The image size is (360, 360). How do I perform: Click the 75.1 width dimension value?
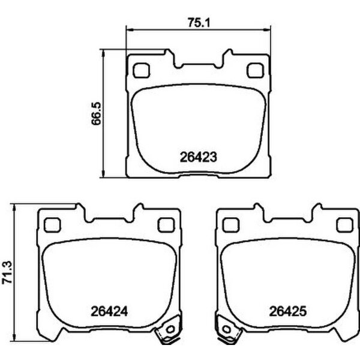click(194, 22)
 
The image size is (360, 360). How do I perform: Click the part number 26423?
click(197, 158)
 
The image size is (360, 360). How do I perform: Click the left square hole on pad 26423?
click(142, 71)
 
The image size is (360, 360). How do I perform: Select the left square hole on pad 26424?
click(52, 224)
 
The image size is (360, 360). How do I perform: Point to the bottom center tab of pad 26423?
click(197, 176)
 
